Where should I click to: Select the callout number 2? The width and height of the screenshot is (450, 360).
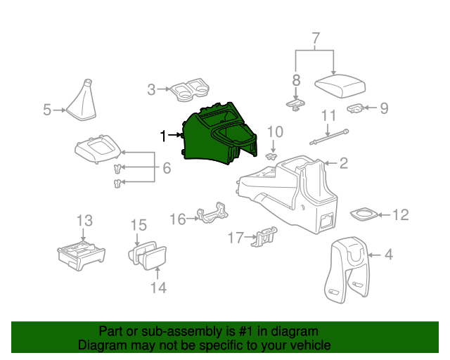[343, 164]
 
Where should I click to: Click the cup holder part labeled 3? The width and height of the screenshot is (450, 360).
[191, 90]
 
